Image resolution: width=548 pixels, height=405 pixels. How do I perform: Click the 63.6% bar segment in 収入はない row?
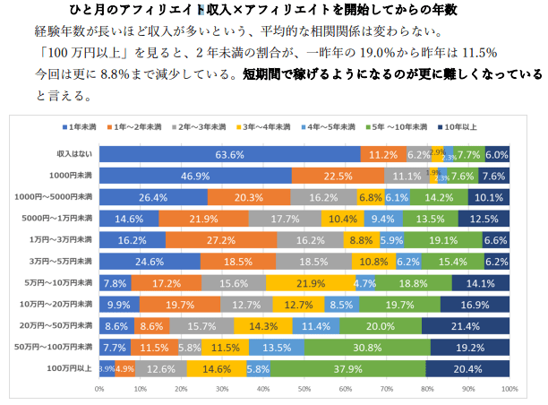229,154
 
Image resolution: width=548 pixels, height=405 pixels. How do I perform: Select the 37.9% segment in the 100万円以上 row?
347,367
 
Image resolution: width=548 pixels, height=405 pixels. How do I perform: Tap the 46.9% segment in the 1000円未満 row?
195,176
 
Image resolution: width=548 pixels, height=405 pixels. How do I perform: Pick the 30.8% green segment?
367,346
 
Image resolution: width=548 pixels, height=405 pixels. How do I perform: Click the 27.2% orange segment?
214,239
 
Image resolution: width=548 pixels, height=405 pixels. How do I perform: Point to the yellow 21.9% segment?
312,282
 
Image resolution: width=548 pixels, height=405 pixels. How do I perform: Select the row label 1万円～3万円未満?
62,239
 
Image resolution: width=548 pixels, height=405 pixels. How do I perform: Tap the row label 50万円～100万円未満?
58,346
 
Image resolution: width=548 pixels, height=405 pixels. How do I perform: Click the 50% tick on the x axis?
304,389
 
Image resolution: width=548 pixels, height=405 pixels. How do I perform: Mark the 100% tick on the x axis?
509,389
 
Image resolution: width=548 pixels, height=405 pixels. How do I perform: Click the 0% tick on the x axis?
99,389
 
